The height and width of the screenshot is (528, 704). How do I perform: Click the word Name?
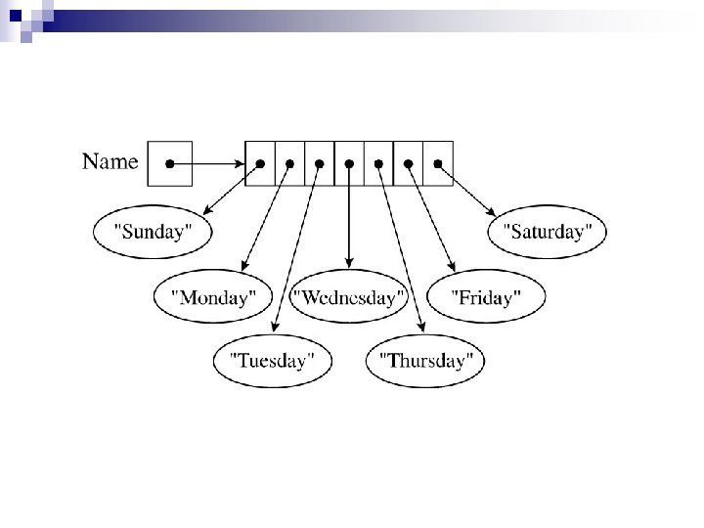tap(110, 161)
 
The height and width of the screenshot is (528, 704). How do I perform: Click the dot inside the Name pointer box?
tap(169, 163)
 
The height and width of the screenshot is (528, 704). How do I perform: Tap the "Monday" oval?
tap(213, 297)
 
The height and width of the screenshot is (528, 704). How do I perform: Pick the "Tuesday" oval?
tap(273, 360)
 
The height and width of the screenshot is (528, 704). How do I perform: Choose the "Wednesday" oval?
tap(349, 297)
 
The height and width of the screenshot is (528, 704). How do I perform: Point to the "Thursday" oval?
tap(425, 360)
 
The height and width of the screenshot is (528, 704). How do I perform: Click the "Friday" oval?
tap(486, 297)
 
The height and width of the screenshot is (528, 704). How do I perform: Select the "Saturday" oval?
tap(547, 233)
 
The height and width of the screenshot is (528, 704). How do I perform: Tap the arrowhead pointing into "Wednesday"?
tap(349, 264)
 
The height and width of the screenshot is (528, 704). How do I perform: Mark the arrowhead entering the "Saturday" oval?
tap(492, 212)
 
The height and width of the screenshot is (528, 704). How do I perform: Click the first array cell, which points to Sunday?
tap(259, 163)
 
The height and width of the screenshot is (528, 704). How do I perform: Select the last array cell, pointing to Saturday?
tap(439, 163)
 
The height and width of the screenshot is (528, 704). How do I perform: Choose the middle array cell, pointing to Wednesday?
tap(349, 163)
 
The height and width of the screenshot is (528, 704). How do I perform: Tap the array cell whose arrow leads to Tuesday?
tap(319, 163)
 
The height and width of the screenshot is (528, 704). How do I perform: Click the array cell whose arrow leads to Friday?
tap(409, 163)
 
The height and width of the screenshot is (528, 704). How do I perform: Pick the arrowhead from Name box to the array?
tap(239, 163)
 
